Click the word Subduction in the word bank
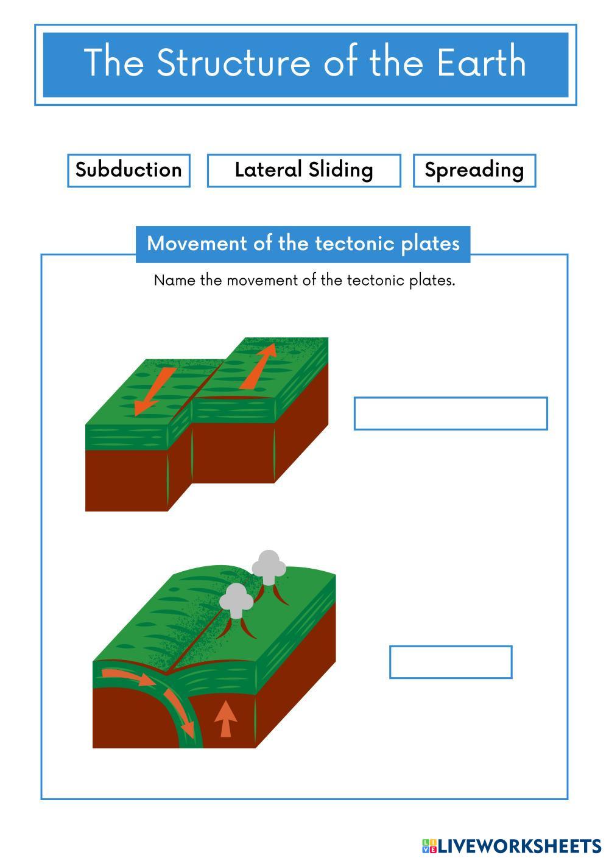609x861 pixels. tap(128, 170)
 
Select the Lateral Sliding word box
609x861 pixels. tap(304, 170)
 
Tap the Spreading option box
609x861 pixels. tap(474, 170)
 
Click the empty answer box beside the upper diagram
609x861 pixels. tap(451, 413)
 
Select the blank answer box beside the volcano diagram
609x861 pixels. tap(451, 662)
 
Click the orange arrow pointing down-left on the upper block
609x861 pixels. tap(155, 392)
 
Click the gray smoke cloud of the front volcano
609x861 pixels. tap(236, 599)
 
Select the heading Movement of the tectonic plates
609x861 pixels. tap(303, 244)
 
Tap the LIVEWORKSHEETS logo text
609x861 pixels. tap(519, 846)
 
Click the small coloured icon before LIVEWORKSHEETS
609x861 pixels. tap(429, 846)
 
